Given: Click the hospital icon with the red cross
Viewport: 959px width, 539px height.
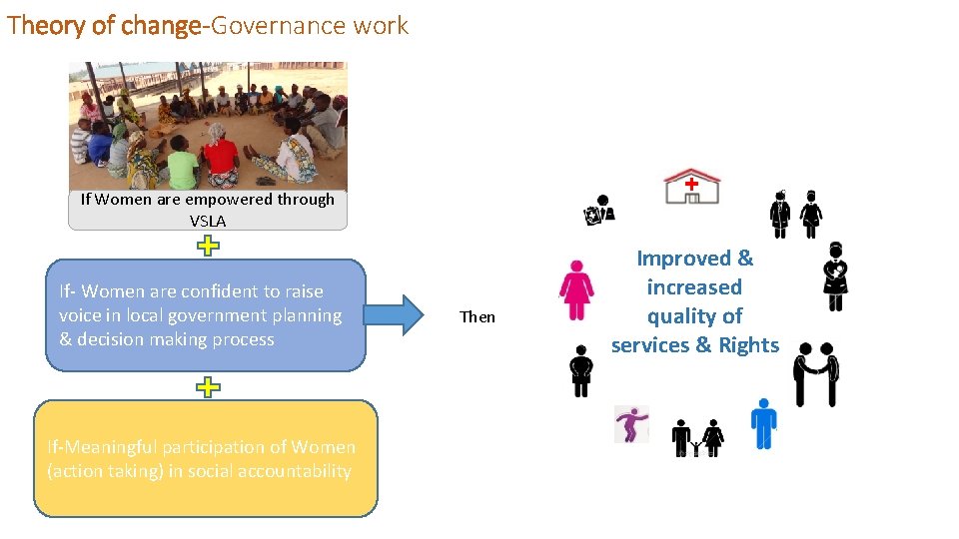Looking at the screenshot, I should pos(691,187).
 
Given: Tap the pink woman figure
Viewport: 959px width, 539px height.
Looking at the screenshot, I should pos(576,290).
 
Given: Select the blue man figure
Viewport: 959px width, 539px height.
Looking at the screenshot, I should pos(763,422).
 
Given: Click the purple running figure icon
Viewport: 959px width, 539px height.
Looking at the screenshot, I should pos(631,424).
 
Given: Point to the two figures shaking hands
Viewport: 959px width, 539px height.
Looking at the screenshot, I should pos(815,373).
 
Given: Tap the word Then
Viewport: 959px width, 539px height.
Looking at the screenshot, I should pos(478,316).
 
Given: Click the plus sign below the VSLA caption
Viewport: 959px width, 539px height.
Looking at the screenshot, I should pos(207,246).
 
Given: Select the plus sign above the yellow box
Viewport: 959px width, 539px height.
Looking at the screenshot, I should pos(207,387).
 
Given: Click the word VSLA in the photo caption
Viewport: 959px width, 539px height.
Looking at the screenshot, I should pos(208,221).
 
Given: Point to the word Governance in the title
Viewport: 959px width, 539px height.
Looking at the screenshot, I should pos(261,25).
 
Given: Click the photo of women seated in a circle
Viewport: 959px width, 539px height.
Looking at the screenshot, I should pos(208,126).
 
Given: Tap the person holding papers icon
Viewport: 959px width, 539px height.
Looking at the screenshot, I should pos(599,210).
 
